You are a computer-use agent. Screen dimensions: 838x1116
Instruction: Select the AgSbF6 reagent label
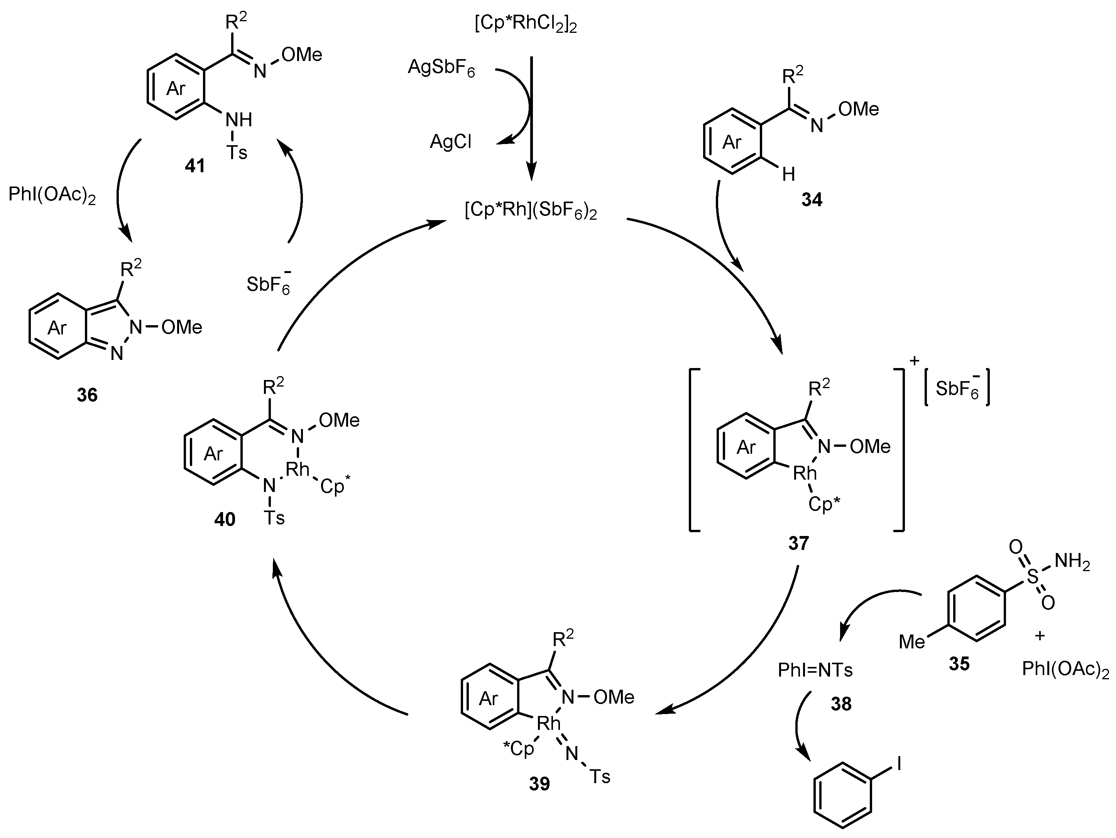tap(441, 68)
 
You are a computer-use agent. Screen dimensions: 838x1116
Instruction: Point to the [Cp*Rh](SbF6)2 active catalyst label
tap(530, 211)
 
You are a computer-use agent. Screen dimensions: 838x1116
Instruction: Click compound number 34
tap(812, 200)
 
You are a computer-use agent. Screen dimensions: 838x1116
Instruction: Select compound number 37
tap(798, 543)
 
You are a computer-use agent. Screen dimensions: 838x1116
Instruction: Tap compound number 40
tap(225, 519)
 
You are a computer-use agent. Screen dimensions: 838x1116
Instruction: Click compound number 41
tap(195, 166)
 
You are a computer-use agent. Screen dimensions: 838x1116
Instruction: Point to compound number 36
tap(87, 395)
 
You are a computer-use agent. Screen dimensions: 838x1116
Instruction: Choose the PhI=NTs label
tap(815, 670)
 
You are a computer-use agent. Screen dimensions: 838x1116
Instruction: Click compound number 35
tap(959, 664)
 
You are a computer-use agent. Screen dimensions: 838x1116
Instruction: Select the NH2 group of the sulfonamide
tap(1072, 561)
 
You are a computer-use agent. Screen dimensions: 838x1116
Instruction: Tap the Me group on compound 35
tap(911, 642)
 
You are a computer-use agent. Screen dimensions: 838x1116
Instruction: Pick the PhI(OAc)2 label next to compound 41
tap(52, 195)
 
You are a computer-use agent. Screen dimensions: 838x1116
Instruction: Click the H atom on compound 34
tap(788, 175)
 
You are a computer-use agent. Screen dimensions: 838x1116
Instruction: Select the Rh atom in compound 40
tap(297, 470)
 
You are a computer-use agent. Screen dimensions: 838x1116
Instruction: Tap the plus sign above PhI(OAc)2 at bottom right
tap(1039, 636)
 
